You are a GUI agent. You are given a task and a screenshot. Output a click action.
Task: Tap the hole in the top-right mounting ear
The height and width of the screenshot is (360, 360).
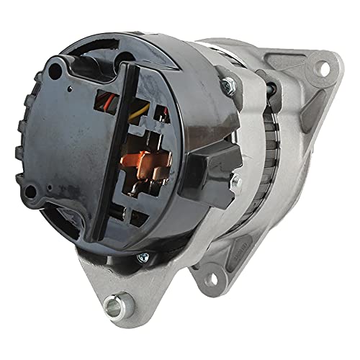pos(323,68)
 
